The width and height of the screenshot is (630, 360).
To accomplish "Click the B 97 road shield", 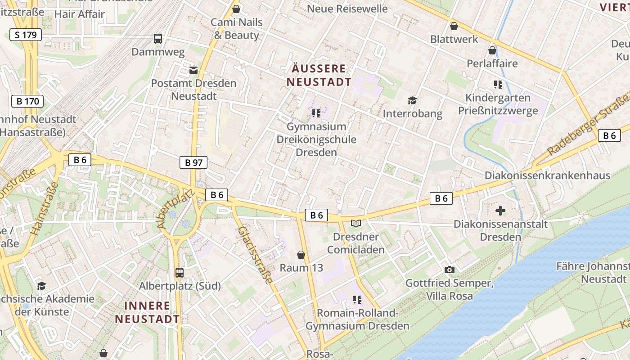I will click(x=193, y=162).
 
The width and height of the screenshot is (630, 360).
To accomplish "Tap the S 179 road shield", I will click(x=25, y=35).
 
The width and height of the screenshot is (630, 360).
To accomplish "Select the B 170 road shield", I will click(x=27, y=101).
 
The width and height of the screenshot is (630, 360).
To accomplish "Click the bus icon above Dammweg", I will click(x=157, y=39).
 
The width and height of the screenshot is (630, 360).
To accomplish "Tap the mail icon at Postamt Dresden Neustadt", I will click(x=193, y=70).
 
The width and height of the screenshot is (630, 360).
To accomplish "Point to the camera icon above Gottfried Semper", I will click(x=449, y=270).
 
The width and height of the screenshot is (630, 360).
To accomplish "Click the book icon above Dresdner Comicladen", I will click(x=356, y=223).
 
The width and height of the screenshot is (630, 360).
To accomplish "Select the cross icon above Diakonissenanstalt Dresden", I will click(x=500, y=210).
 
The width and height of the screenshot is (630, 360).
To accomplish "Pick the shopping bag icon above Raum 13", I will click(x=301, y=255).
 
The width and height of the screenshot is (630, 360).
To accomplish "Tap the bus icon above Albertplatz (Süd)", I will click(x=179, y=272).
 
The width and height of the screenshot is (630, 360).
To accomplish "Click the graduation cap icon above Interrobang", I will click(x=412, y=100).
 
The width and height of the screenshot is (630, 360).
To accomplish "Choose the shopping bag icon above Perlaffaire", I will click(x=492, y=50).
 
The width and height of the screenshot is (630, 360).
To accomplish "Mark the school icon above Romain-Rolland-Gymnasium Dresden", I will click(x=357, y=300).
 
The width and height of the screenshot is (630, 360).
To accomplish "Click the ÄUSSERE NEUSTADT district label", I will click(x=319, y=75).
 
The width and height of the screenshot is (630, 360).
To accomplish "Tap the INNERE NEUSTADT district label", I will click(x=147, y=312).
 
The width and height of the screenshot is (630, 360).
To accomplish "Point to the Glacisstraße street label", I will click(x=256, y=255).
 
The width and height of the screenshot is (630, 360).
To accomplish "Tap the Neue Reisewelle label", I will click(x=347, y=9).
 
